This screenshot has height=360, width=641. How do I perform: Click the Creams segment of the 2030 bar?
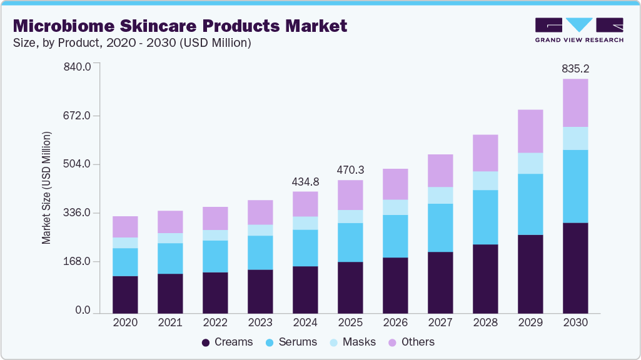(575, 267)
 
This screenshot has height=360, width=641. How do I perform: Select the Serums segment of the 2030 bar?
(575, 186)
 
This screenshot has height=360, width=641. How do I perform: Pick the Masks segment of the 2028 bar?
(485, 181)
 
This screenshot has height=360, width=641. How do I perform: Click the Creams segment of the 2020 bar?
(125, 294)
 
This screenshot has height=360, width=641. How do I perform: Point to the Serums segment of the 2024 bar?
(305, 248)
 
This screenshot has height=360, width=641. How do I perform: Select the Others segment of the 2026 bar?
(395, 184)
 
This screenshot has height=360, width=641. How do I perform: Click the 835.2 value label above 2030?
(575, 68)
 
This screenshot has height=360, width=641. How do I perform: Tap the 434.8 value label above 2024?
(305, 181)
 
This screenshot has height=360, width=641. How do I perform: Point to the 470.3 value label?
(350, 169)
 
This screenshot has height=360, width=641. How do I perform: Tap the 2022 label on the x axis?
(215, 323)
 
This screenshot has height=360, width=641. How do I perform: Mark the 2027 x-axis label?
(440, 323)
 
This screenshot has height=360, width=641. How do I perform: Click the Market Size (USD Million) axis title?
(46, 188)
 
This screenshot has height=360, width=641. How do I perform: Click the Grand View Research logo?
(579, 30)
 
